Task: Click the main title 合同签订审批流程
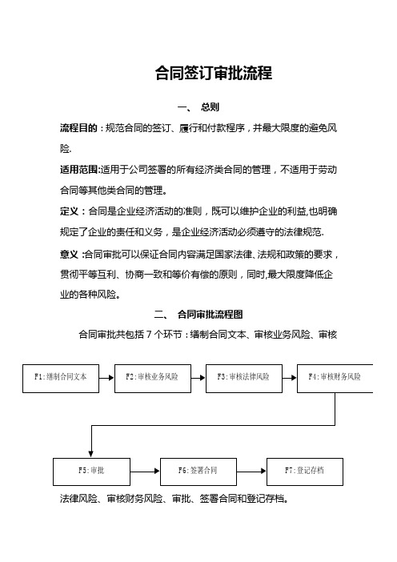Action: coord(214,73)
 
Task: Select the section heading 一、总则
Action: coord(198,107)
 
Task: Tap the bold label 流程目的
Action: coord(78,128)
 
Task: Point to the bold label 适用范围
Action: coord(79,170)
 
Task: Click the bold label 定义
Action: coord(69,211)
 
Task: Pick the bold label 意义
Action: coord(69,255)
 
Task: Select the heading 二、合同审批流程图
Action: coord(198,315)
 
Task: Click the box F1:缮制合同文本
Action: coord(61,379)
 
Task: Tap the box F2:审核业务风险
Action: coord(153,379)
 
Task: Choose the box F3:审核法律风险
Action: coord(244,379)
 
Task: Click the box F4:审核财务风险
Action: coord(335,379)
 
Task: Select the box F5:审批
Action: coord(91,472)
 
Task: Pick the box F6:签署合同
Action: coord(198,472)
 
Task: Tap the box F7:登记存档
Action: coord(305,472)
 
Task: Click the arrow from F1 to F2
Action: coord(106,378)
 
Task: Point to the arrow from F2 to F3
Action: coord(198,378)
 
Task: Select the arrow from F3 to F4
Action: coord(290,378)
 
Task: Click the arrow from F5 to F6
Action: coord(145,471)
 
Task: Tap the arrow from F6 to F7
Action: coord(251,471)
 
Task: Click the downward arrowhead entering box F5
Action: coord(91,455)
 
